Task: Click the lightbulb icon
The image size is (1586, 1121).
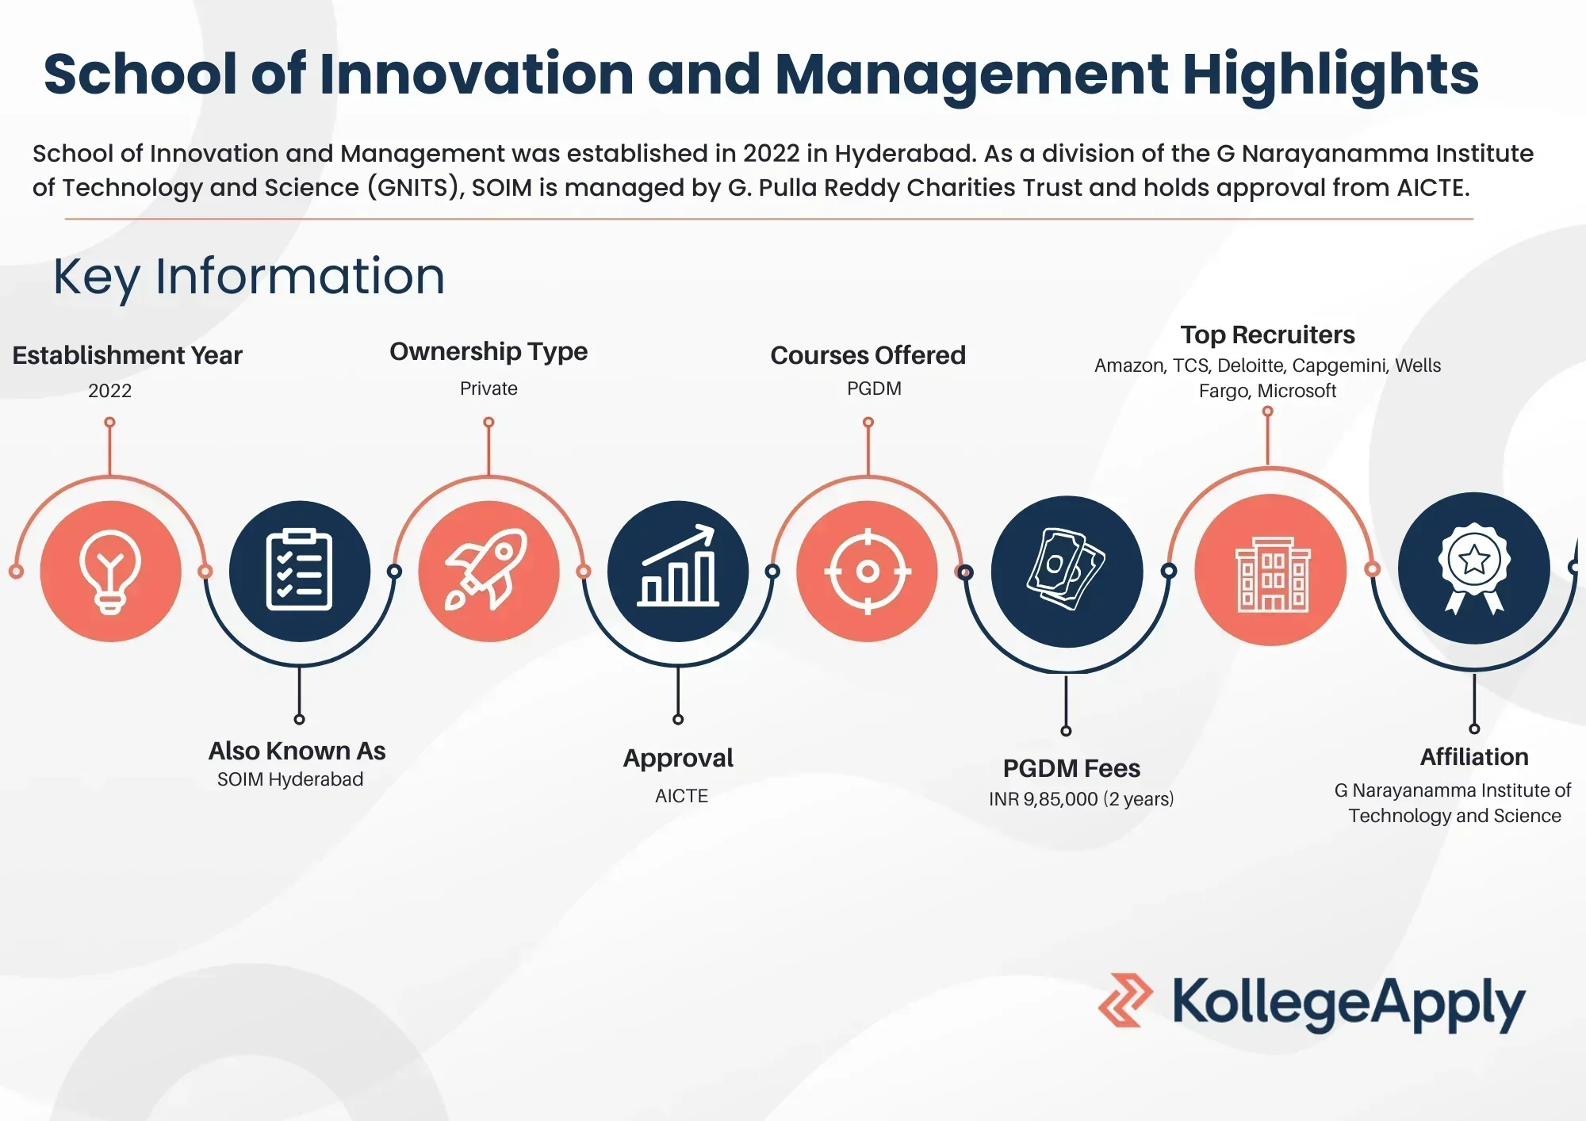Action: click(110, 571)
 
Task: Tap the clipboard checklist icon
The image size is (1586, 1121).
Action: click(299, 571)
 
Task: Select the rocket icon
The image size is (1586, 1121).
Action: click(488, 571)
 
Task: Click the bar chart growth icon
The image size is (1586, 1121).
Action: click(678, 569)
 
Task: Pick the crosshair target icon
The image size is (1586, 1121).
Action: click(868, 571)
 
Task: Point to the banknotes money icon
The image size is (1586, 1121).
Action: click(1067, 569)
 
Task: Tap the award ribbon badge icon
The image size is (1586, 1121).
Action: click(1473, 568)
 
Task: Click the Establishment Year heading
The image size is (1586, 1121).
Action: click(127, 355)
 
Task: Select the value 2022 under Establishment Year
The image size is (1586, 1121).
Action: click(109, 391)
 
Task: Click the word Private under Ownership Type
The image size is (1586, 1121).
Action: click(488, 388)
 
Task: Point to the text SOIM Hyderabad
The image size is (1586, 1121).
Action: click(290, 779)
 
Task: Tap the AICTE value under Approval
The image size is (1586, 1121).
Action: click(681, 796)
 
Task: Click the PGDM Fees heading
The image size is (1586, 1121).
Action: click(1071, 768)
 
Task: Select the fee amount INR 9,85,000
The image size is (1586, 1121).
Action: click(1044, 799)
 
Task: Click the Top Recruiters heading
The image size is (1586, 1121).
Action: click(1267, 335)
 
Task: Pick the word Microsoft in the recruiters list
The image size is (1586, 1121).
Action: click(1297, 391)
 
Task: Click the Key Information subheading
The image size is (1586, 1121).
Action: click(249, 276)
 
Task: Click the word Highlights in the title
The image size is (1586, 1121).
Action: click(1331, 74)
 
